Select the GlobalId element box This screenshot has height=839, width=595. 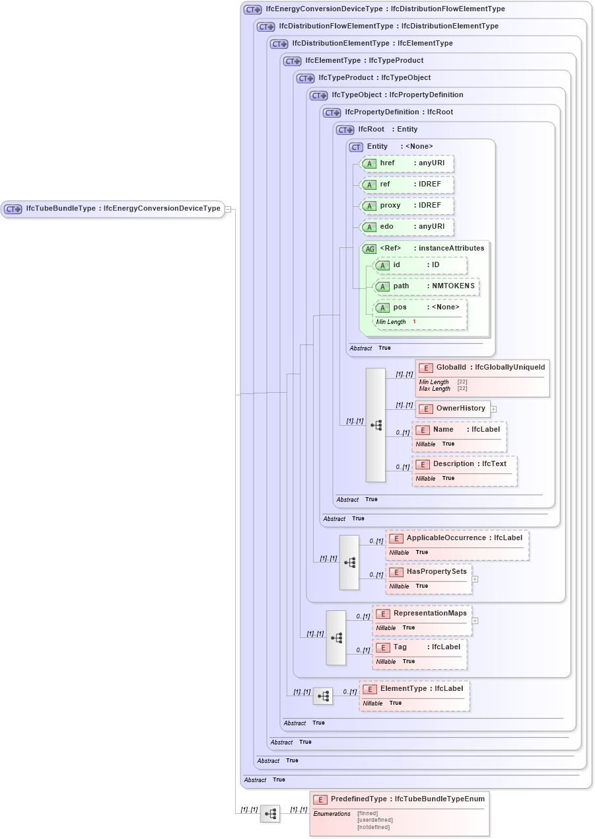[x=482, y=378]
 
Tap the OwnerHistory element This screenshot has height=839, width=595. [x=452, y=409]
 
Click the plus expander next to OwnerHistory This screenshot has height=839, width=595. [x=493, y=409]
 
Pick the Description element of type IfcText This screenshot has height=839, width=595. [x=464, y=470]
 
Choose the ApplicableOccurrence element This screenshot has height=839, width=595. [x=457, y=545]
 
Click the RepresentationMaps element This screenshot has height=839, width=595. [x=422, y=619]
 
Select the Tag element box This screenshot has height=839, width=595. [x=419, y=653]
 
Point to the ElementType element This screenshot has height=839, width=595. [x=414, y=695]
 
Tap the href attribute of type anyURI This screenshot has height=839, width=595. [x=407, y=163]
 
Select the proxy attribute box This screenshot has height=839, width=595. [x=407, y=206]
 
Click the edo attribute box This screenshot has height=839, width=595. [x=407, y=227]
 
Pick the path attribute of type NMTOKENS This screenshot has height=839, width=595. [x=426, y=286]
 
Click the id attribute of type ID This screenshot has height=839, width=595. [x=420, y=265]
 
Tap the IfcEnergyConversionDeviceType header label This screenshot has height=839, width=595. [x=384, y=9]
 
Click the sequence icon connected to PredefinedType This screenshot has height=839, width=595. [x=270, y=813]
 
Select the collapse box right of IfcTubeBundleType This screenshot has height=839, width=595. [x=228, y=209]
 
